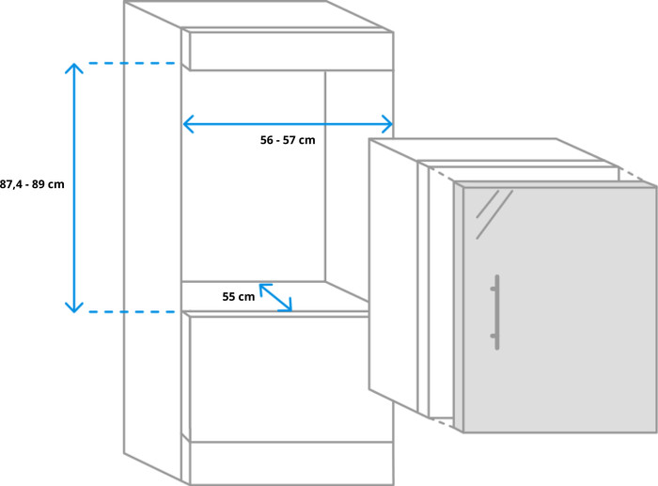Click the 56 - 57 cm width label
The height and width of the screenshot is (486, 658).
coord(288,140)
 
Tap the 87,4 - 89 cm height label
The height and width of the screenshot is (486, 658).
coord(32,184)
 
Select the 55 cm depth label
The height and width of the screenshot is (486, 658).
coord(239,297)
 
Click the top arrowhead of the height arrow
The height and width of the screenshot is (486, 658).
coord(74,69)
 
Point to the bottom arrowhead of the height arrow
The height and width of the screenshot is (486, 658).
coord(74,307)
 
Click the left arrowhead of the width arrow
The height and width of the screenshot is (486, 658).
coord(188,124)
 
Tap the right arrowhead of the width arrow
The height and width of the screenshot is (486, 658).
coord(387,124)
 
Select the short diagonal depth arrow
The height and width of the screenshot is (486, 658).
coord(275,298)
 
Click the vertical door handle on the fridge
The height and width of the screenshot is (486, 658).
coord(497,312)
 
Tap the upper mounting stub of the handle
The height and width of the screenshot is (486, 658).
coord(493,289)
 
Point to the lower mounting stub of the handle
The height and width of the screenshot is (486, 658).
coord(493,336)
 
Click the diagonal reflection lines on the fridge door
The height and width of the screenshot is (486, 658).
coord(494,214)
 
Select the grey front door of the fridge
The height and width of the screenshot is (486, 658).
coord(560,309)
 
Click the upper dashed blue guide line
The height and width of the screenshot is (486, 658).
coord(132,63)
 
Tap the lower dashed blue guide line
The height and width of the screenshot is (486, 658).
coord(132,312)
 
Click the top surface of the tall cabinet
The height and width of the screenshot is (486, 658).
coord(258,15)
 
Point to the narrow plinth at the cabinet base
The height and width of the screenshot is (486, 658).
coord(291,462)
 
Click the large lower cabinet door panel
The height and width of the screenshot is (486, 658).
coord(279,379)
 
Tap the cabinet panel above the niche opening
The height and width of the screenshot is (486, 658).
coord(291,51)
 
